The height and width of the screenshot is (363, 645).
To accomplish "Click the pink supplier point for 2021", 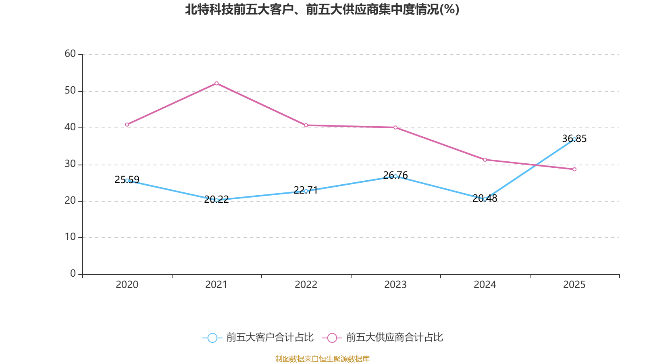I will point(216,83).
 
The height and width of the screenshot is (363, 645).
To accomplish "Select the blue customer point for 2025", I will point(574,139).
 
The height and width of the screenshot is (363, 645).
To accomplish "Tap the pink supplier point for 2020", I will point(127,125).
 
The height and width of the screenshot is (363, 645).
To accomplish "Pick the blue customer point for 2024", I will point(485,199).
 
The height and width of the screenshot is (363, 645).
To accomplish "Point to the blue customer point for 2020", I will point(127,180).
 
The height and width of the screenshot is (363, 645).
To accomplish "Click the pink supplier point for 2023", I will point(395,127).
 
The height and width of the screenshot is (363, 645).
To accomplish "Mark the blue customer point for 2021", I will point(216,200).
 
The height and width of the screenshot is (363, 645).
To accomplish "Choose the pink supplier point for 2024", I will point(485,160).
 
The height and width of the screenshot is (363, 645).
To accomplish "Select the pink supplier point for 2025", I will point(574,169).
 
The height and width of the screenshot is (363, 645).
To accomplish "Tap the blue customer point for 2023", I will point(395,176).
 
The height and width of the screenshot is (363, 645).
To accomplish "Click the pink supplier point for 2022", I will point(306,125).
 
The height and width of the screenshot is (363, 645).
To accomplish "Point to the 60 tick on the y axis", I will point(70,54).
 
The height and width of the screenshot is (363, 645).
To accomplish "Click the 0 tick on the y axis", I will point(73,274).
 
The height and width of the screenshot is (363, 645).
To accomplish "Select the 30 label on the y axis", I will point(70,164).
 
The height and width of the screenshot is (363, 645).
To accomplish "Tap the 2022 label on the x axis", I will point(306,285).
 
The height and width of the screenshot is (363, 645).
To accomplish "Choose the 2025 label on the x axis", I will point(574,285).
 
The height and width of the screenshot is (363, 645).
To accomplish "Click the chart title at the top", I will point(322,10).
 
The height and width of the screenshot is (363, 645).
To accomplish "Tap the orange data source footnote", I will point(322,359).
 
